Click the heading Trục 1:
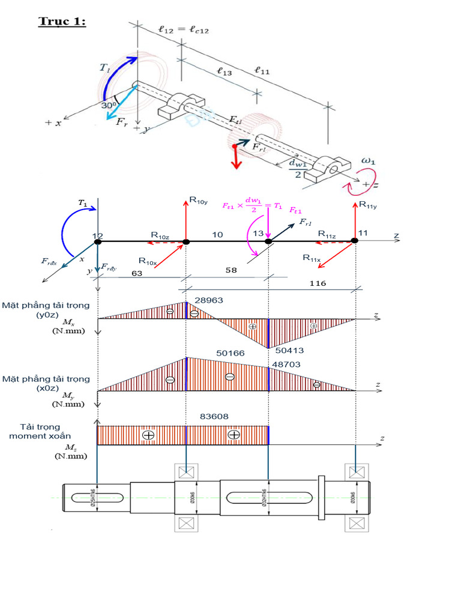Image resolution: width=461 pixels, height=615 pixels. tap(62, 22)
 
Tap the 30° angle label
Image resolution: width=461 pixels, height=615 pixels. tap(109, 105)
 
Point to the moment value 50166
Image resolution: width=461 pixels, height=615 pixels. tap(230, 353)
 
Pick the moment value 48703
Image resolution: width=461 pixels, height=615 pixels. tap(286, 364)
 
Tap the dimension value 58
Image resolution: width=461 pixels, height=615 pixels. tap(230, 270)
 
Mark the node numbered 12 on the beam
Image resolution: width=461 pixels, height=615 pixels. tap(98, 237)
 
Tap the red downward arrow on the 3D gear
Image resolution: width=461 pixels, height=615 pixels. tap(235, 157)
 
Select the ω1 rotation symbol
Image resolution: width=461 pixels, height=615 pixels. tap(367, 161)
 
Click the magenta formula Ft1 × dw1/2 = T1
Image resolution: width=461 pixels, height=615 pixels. tap(253, 207)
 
